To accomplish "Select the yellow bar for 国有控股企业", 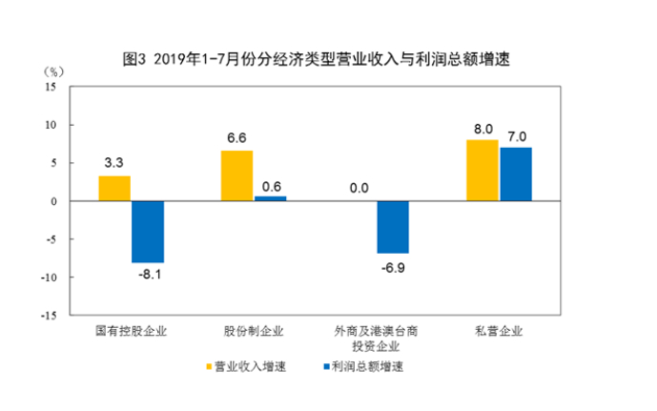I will click(x=114, y=189).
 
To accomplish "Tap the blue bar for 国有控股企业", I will click(x=148, y=232).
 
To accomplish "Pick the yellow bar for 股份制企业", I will click(x=237, y=175).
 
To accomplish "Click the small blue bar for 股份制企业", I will click(x=270, y=198).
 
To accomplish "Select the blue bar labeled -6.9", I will click(x=392, y=227).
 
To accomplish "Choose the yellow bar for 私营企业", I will click(x=482, y=171).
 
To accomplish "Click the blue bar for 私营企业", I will click(x=516, y=175).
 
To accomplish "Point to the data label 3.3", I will click(x=114, y=163).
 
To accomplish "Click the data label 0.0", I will click(x=359, y=188).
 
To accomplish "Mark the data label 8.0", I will click(x=482, y=128).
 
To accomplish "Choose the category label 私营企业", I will click(x=499, y=332).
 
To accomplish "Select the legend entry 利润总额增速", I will click(x=363, y=366).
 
